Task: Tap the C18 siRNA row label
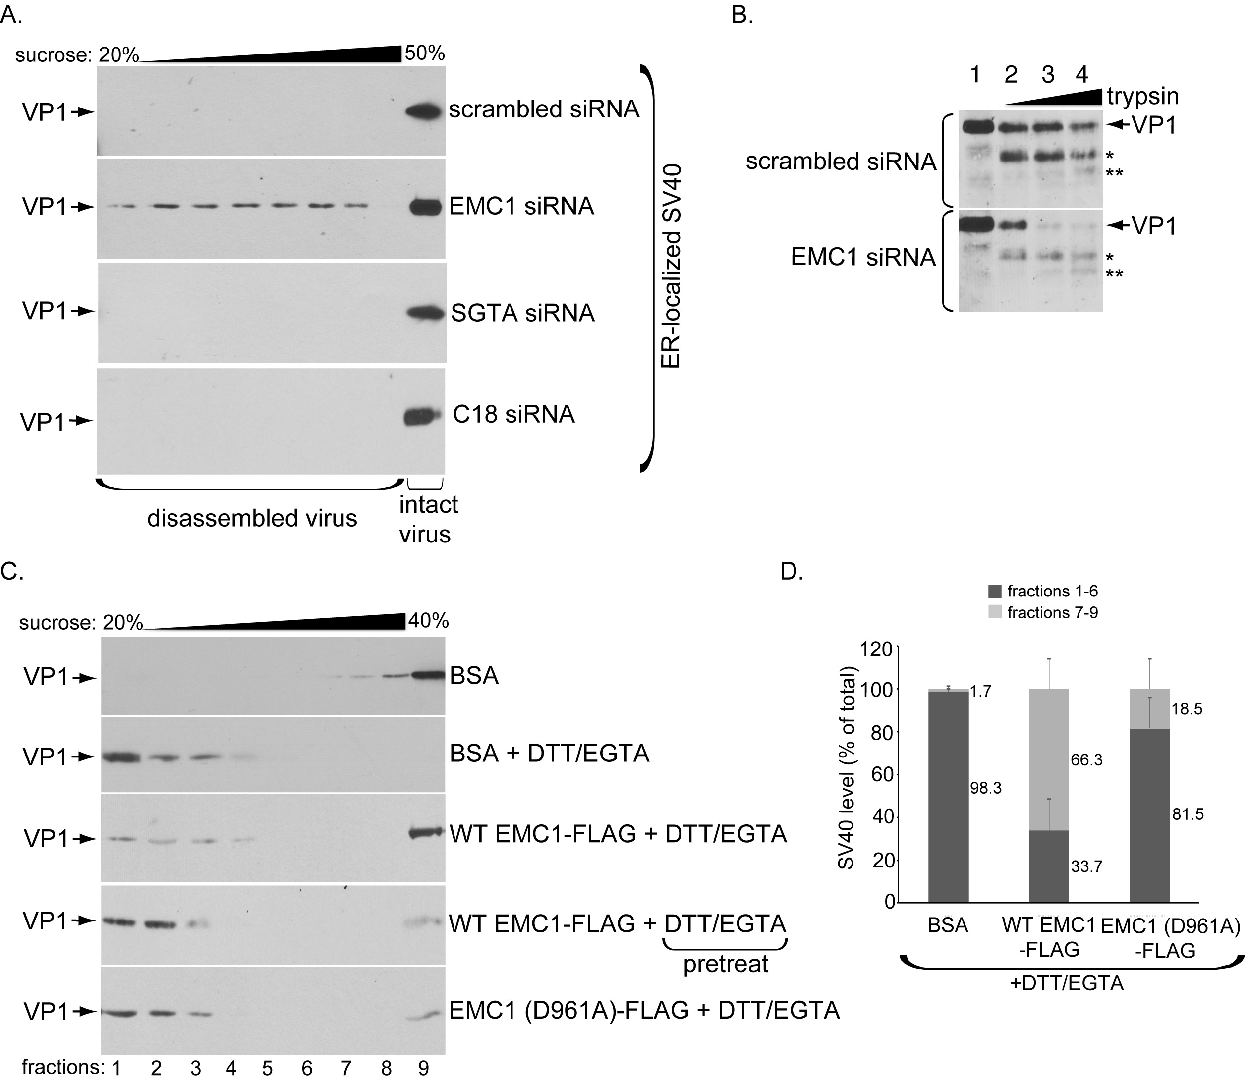pos(513,414)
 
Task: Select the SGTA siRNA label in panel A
pos(522,313)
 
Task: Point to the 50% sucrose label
pos(425,53)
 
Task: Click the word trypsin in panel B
pos(1143,97)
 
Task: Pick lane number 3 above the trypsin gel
pos(1047,74)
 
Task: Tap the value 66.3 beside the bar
pos(1086,759)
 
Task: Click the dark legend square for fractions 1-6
pos(995,591)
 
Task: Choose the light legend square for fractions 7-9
pos(995,612)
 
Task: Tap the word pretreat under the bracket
pos(726,964)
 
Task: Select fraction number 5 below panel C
pos(268,1068)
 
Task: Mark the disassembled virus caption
pos(252,518)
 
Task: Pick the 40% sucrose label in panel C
pos(428,621)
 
